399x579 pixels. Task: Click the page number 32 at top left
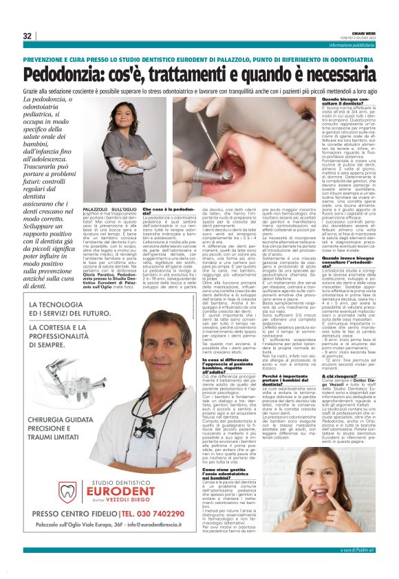tap(27, 36)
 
